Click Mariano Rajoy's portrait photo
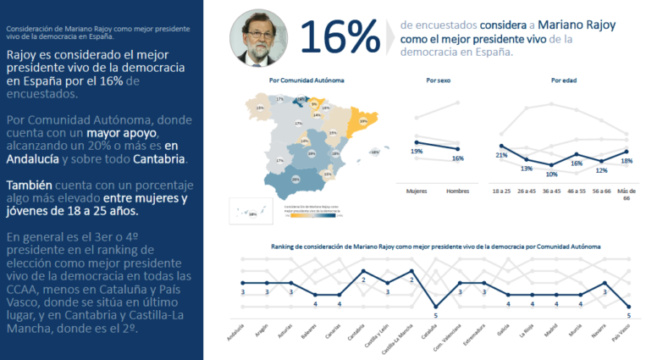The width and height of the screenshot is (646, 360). tap(257, 37)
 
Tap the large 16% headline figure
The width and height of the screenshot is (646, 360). tap(339, 38)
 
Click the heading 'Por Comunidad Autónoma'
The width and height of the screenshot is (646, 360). tap(295, 80)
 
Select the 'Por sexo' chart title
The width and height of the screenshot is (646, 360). tap(438, 80)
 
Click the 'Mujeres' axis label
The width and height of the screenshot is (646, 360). tap(417, 191)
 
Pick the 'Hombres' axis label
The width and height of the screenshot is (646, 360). tap(457, 191)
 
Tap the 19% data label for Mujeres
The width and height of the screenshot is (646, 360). tap(417, 151)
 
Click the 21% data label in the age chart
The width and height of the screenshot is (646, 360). tap(501, 155)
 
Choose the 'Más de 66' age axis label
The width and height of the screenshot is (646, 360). tap(627, 194)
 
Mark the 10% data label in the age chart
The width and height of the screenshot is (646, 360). tap(551, 174)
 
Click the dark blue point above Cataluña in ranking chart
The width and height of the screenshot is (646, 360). tap(436, 307)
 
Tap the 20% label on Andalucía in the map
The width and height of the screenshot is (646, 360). tap(295, 179)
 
